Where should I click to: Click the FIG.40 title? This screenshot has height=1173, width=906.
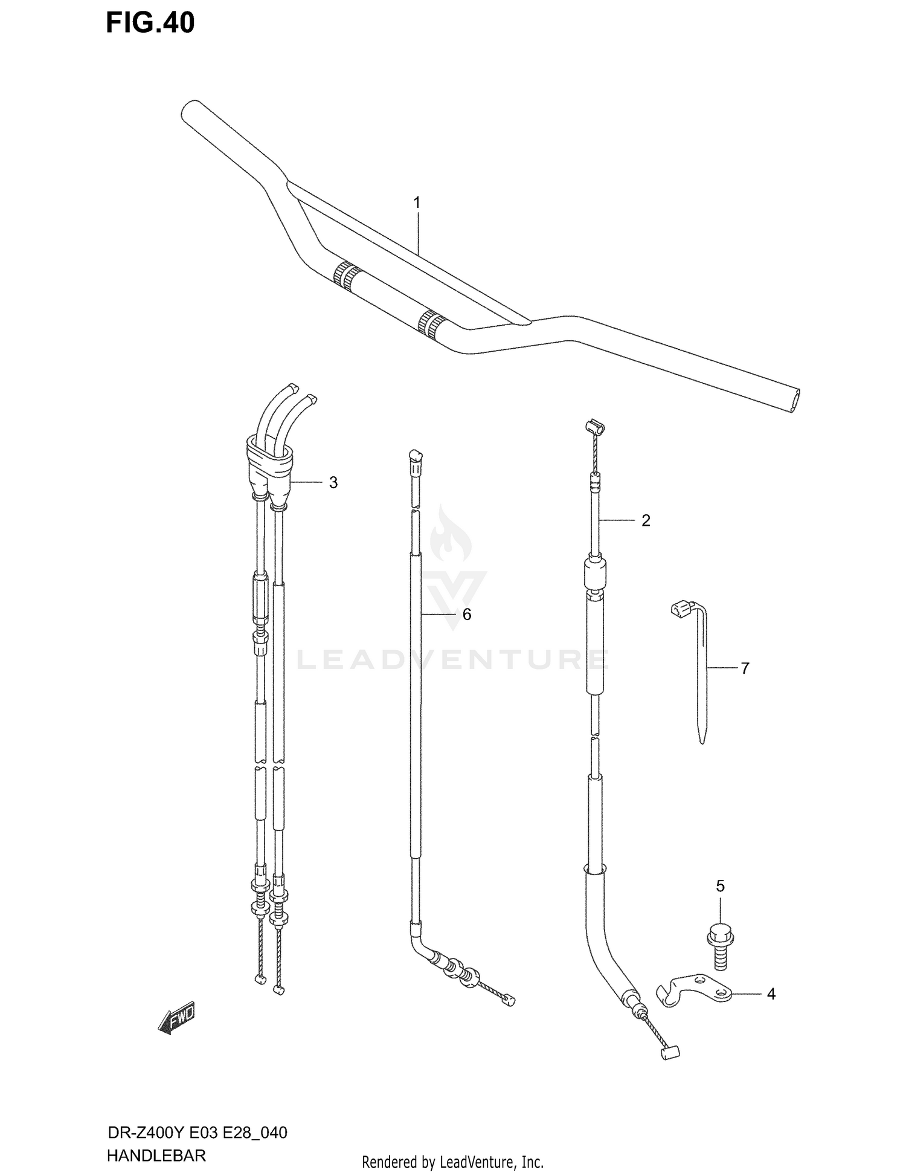[x=150, y=23]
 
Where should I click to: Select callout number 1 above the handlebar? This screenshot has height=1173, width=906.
[x=417, y=202]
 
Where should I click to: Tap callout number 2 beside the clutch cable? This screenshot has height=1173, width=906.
[x=646, y=520]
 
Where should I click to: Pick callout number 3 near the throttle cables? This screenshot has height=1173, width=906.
[x=333, y=482]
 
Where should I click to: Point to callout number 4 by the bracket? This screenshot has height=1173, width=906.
[x=771, y=994]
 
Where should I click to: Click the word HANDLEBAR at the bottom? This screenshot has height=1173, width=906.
[x=156, y=1156]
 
